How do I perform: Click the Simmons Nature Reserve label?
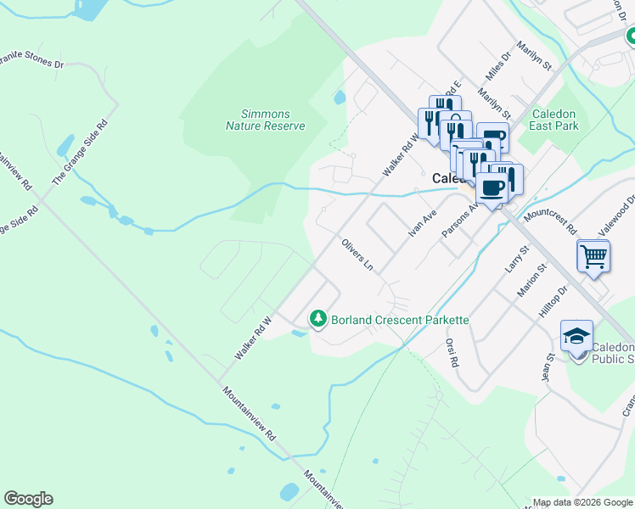click(x=265, y=120)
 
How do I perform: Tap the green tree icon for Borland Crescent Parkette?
click(x=318, y=319)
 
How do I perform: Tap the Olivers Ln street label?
click(x=357, y=255)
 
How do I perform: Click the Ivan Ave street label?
click(x=422, y=223)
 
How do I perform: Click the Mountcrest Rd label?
click(x=550, y=218)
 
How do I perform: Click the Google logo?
click(x=28, y=499)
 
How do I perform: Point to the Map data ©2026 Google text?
click(x=582, y=502)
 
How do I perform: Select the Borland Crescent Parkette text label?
click(x=400, y=320)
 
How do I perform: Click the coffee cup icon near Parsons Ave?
click(x=492, y=187)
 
